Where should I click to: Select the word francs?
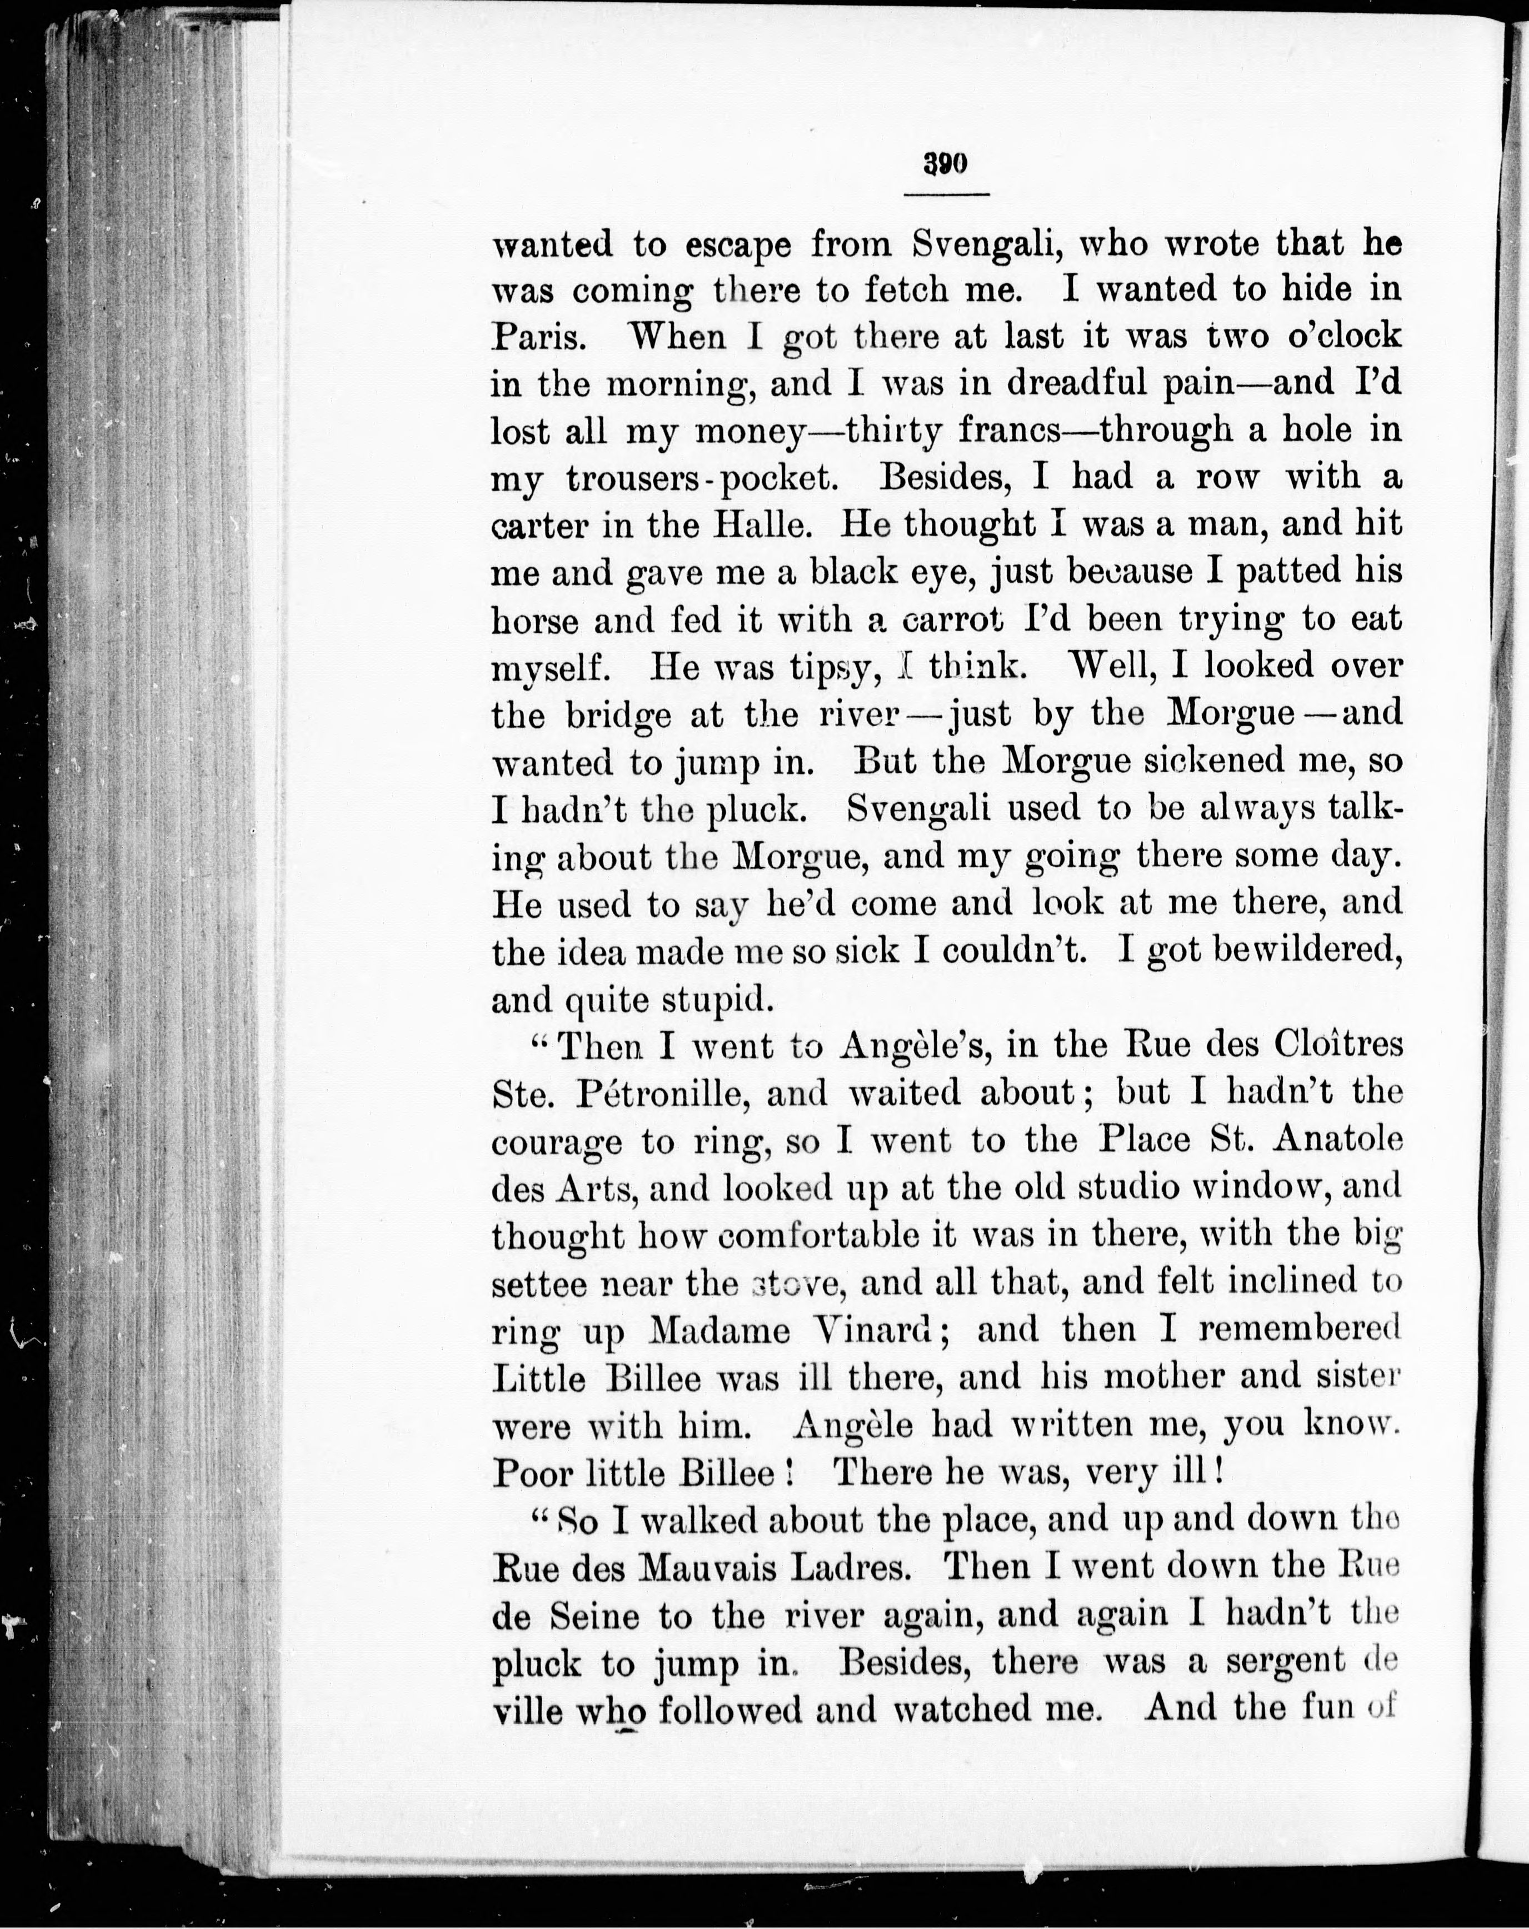pyautogui.click(x=1009, y=431)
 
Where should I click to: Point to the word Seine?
pyautogui.click(x=593, y=1616)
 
